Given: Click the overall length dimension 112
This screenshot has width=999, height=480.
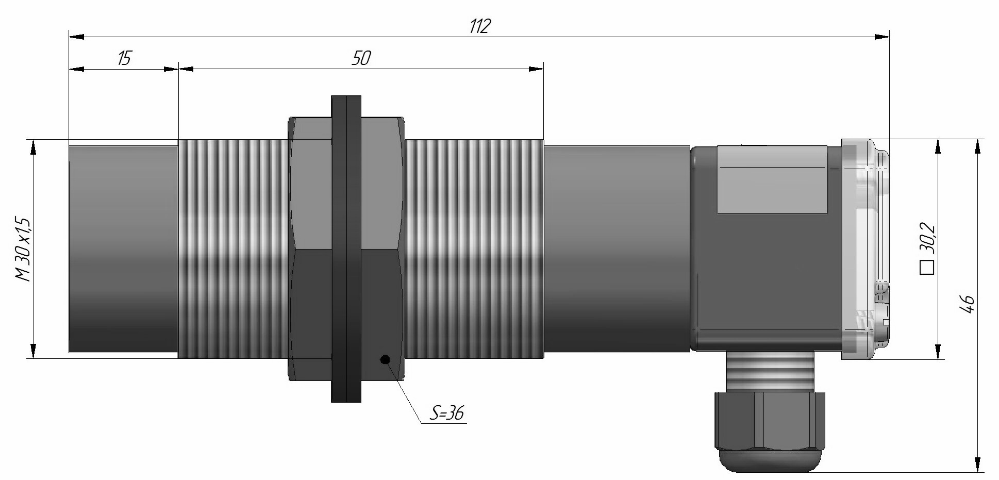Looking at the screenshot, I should click(479, 26).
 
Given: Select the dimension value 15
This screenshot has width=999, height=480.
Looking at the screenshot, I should click(124, 58).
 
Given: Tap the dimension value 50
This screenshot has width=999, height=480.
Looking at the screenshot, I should click(361, 58).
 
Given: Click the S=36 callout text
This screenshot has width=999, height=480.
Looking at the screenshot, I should click(446, 413).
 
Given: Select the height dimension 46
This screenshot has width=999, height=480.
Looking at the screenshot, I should click(967, 304).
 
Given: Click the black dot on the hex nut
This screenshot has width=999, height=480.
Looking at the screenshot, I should click(385, 359).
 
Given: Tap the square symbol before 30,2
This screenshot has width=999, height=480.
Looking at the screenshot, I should click(927, 268).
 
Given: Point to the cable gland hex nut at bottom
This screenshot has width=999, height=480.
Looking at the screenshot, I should click(769, 420).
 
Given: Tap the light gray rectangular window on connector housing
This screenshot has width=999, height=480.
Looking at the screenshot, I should click(772, 180).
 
